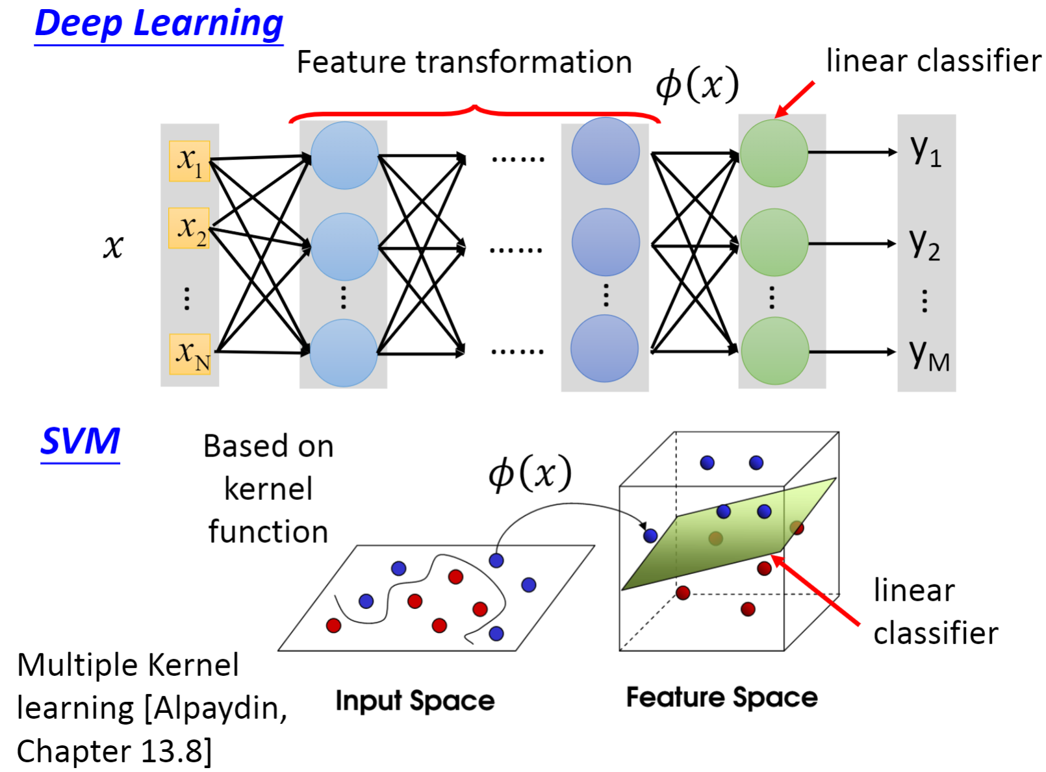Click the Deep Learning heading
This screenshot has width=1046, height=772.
pos(159,24)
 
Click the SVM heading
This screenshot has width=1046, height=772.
pos(80,442)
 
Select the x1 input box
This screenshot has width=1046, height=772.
pos(189,160)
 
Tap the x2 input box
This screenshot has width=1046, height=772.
pos(189,228)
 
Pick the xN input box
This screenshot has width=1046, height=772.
pos(190,354)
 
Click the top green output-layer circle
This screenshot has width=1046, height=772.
pos(774,153)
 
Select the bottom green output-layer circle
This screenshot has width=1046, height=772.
pos(774,351)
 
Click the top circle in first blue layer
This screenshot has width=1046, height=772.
pos(344,156)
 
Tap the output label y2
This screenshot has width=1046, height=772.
pos(925,243)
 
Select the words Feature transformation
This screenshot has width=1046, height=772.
pos(464,63)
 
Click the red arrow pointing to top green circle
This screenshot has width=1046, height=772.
pos(795,99)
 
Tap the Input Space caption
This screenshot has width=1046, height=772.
pos(415,701)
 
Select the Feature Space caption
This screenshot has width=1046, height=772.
pos(721,697)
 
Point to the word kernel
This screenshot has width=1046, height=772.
pos(268,489)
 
